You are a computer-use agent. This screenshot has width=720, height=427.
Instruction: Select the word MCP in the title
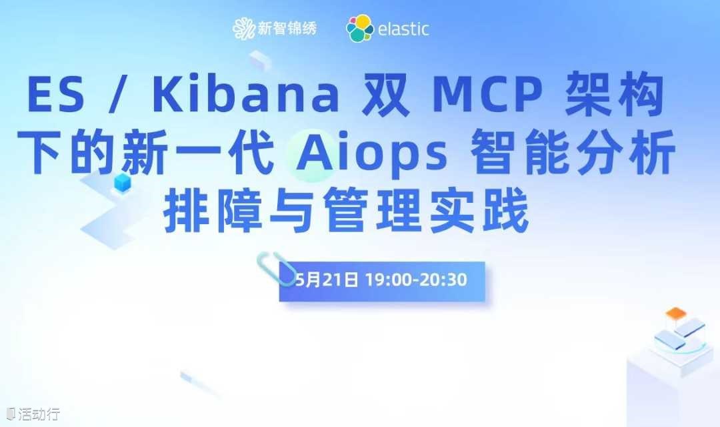pos(487,95)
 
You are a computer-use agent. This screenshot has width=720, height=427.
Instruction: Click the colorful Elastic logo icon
pos(359,29)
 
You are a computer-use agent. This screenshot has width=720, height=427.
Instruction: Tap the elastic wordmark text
pos(403,29)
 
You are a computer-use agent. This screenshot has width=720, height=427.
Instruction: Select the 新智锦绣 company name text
pos(287,29)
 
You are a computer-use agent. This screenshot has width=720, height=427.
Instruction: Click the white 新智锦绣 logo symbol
pos(243,29)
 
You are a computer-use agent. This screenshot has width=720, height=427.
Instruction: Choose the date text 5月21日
pos(327,280)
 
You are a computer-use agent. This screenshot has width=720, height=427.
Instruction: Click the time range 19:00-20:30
pos(416,280)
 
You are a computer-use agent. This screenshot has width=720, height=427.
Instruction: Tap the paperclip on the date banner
pos(275,268)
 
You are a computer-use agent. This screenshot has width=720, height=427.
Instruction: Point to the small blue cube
pos(122,182)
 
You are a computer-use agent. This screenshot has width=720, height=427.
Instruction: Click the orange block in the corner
pos(675,314)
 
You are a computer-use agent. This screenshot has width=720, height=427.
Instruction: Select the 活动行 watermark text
pos(39,414)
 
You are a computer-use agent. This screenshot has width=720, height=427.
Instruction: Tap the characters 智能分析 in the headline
pos(573,151)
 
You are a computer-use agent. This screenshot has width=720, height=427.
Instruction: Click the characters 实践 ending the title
pos(479,212)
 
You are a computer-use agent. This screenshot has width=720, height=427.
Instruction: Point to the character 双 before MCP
pos(386,95)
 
